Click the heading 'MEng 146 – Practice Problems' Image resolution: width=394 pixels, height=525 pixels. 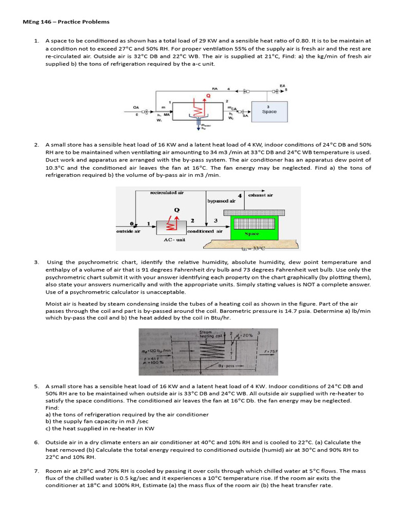66,22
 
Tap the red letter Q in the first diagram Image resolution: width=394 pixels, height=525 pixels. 208,95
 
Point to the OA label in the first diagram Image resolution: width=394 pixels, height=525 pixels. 136,107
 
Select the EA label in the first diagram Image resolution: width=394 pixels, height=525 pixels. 282,86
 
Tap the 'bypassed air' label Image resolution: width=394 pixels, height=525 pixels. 221,201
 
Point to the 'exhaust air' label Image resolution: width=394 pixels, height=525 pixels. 261,195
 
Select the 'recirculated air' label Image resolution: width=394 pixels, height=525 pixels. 166,193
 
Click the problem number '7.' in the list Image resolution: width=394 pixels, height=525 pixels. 36,470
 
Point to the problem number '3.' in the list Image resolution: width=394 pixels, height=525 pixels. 36,262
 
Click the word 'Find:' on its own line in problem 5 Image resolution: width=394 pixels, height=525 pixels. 52,408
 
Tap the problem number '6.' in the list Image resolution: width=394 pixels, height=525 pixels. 36,442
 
